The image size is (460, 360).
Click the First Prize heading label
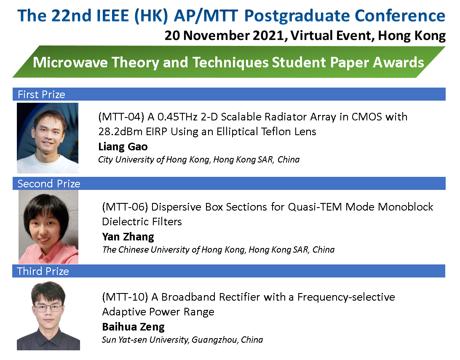point(41,94)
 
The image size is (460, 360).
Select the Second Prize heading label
point(49,184)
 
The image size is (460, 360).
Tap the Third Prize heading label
point(43,271)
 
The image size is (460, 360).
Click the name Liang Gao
point(123,147)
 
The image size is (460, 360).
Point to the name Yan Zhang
point(128,237)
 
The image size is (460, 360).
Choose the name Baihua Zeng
point(133,327)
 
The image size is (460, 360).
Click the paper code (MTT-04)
point(121,117)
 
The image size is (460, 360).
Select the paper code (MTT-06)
point(125,207)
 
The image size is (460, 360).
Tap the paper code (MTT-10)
point(125,297)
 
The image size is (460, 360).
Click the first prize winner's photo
point(48,138)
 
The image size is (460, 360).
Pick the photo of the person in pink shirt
point(48,227)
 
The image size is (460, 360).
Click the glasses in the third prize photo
point(48,308)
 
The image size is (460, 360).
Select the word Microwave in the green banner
point(70,62)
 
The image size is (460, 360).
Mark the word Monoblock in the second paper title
point(405,207)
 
